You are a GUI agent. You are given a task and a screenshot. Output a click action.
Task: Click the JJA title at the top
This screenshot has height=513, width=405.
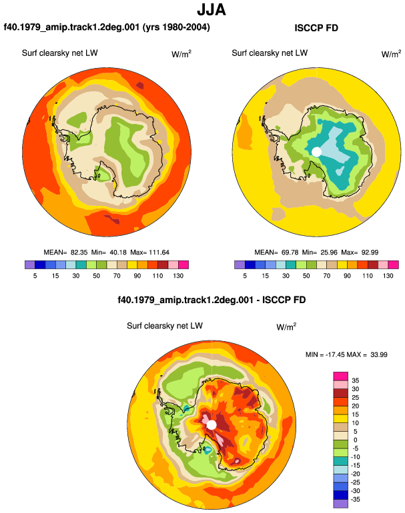212,10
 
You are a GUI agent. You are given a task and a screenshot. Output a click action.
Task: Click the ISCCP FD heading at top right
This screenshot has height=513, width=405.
316,28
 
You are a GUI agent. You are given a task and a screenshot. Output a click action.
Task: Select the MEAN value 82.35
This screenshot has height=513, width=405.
79,253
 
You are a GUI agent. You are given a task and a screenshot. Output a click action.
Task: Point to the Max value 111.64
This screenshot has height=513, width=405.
159,253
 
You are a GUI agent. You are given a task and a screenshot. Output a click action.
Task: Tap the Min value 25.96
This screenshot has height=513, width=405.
329,253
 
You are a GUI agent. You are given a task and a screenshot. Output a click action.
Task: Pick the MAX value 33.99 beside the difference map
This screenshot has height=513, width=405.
379,354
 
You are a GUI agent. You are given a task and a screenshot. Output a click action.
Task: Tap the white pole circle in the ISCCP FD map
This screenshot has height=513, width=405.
316,152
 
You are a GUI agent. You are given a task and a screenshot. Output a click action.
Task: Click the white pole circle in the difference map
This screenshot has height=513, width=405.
212,425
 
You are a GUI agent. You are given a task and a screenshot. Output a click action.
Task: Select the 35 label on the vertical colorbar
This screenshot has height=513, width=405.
355,380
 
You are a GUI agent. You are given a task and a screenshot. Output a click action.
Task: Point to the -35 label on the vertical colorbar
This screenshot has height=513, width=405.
355,500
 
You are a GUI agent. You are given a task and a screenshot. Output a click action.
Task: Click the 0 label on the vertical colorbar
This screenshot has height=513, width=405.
355,440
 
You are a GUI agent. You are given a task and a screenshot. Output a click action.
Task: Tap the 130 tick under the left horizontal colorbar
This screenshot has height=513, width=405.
178,276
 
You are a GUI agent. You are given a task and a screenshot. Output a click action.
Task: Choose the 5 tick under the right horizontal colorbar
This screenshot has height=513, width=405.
245,276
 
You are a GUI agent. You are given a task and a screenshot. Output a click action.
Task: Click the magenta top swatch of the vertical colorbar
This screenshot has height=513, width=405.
340,376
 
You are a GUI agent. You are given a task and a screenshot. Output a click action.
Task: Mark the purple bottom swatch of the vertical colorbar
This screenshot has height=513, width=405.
340,504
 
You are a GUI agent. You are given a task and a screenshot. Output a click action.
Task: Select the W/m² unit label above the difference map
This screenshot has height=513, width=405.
286,326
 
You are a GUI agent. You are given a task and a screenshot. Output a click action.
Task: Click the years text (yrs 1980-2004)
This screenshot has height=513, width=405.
176,27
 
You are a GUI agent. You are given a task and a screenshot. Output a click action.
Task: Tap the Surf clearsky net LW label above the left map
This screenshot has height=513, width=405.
59,53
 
